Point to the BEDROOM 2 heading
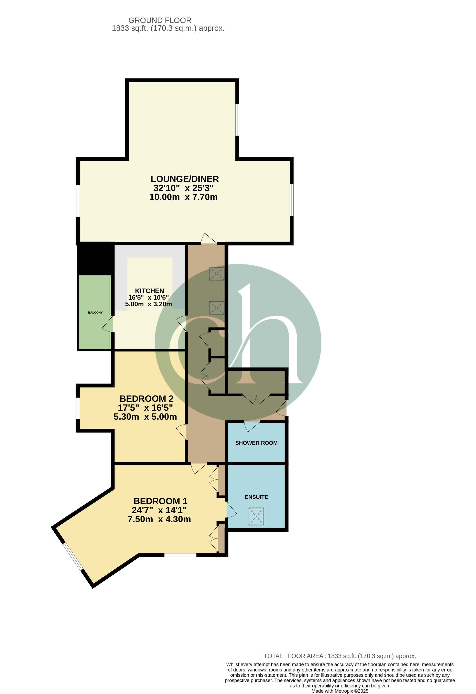point(146,399)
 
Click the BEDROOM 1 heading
point(160,501)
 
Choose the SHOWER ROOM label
point(256,443)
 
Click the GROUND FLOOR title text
point(160,20)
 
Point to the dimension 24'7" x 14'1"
point(159,510)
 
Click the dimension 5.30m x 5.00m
point(145,417)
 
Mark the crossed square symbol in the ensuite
point(256,516)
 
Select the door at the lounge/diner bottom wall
point(209,238)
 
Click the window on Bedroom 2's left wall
point(78,408)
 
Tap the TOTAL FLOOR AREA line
point(340,656)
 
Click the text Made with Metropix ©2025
point(340,691)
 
